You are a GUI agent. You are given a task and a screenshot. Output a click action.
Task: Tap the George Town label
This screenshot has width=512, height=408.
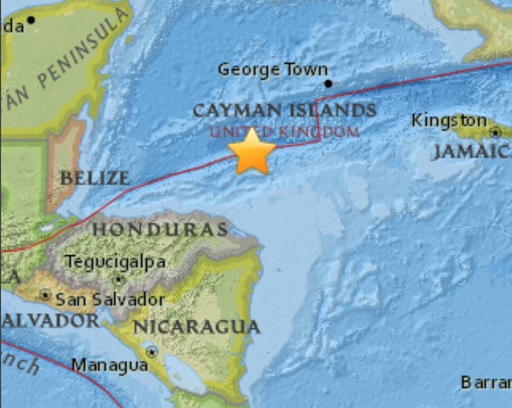tap(273, 69)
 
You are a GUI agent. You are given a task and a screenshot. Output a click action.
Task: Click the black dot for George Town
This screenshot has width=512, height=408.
tap(328, 84)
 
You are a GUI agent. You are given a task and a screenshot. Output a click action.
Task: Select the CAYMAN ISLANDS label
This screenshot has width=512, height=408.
tap(285, 111)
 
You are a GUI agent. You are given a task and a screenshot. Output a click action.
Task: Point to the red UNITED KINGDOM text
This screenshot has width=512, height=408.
tap(285, 131)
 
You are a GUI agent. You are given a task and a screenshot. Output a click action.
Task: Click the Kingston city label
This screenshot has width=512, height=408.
tap(449, 121)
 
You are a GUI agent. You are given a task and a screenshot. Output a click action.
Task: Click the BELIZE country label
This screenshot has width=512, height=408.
tap(94, 178)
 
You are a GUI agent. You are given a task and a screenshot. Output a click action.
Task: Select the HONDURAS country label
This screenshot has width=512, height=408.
tap(161, 229)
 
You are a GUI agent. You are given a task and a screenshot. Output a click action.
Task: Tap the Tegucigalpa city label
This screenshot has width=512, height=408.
tap(115, 262)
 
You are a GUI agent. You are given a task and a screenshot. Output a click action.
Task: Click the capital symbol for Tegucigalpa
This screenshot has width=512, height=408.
tap(119, 279)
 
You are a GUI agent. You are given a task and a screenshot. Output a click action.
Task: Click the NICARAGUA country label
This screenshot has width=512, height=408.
tap(197, 327)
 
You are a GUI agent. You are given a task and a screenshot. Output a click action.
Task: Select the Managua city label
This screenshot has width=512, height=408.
tap(110, 365)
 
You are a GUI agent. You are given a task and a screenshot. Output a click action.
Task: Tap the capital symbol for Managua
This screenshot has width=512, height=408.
tap(153, 351)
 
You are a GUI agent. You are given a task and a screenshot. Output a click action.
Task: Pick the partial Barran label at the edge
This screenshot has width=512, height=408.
tap(485, 382)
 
